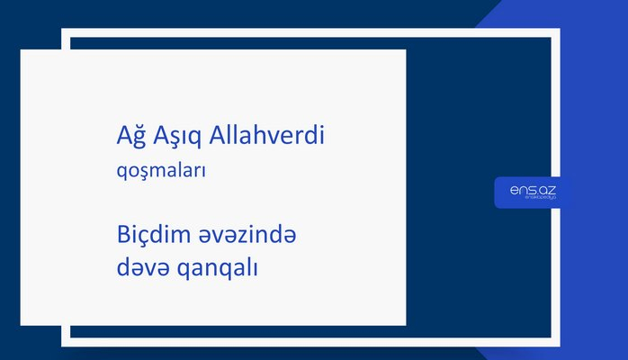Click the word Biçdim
point(151,236)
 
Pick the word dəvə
point(139,268)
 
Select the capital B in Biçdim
point(122,236)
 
